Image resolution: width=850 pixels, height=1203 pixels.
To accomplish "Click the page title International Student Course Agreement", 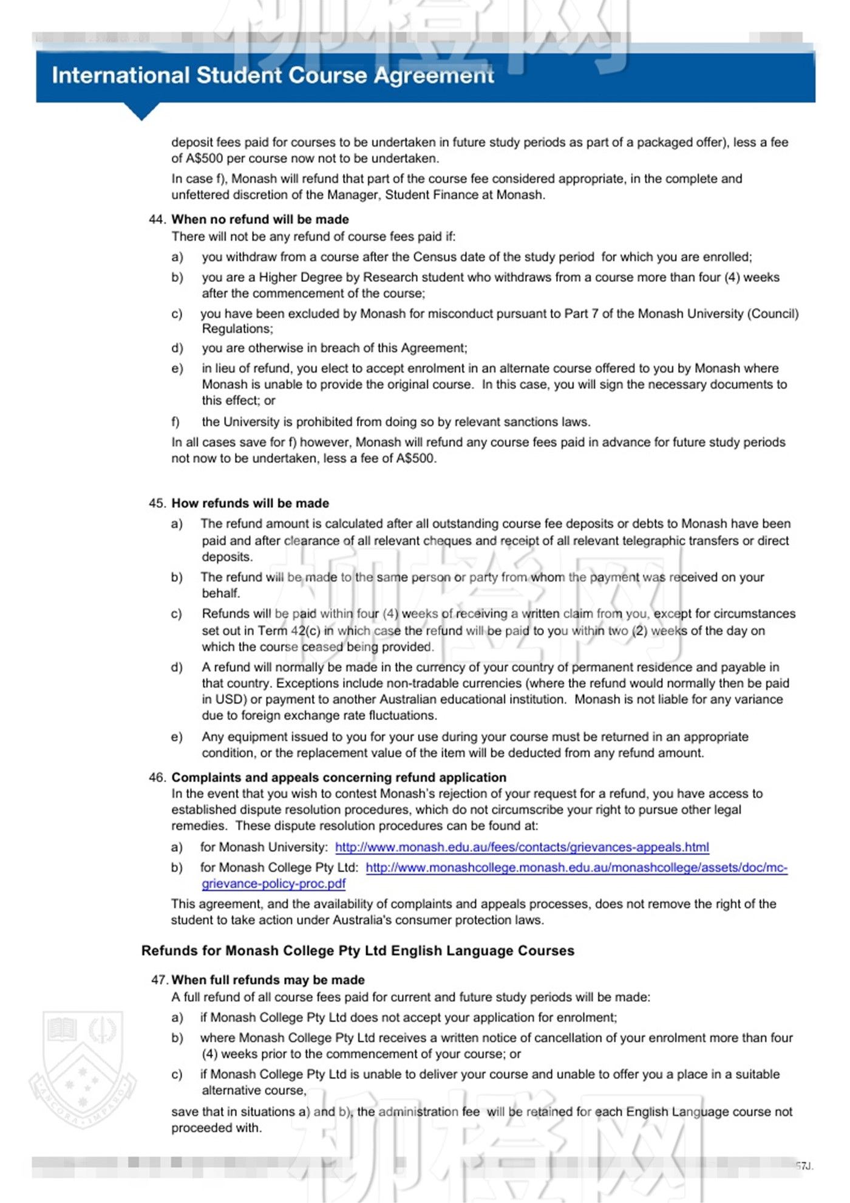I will click(273, 75).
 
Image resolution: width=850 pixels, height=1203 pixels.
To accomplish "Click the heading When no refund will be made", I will click(260, 219).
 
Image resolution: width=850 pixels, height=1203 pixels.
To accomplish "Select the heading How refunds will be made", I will click(250, 503).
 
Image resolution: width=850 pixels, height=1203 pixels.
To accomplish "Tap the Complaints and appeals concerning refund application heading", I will click(339, 777).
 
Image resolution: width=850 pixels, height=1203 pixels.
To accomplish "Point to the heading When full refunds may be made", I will click(268, 979).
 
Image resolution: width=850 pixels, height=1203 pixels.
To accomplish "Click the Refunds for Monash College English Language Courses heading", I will click(358, 950).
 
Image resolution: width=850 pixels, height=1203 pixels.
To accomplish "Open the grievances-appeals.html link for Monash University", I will click(522, 847).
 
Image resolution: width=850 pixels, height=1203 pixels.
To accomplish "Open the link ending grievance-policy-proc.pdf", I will click(273, 883).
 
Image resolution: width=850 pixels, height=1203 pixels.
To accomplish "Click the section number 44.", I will click(157, 219).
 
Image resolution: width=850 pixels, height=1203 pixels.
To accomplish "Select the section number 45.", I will click(157, 503).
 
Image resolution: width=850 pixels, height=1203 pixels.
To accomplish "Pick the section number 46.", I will click(157, 777).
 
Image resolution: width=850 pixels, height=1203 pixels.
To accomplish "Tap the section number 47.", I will click(160, 979).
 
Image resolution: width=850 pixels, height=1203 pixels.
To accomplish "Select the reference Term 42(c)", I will click(289, 630).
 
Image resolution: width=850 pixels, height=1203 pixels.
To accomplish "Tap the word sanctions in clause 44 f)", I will click(514, 422).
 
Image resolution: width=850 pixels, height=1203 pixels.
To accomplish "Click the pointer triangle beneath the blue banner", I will click(141, 111).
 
